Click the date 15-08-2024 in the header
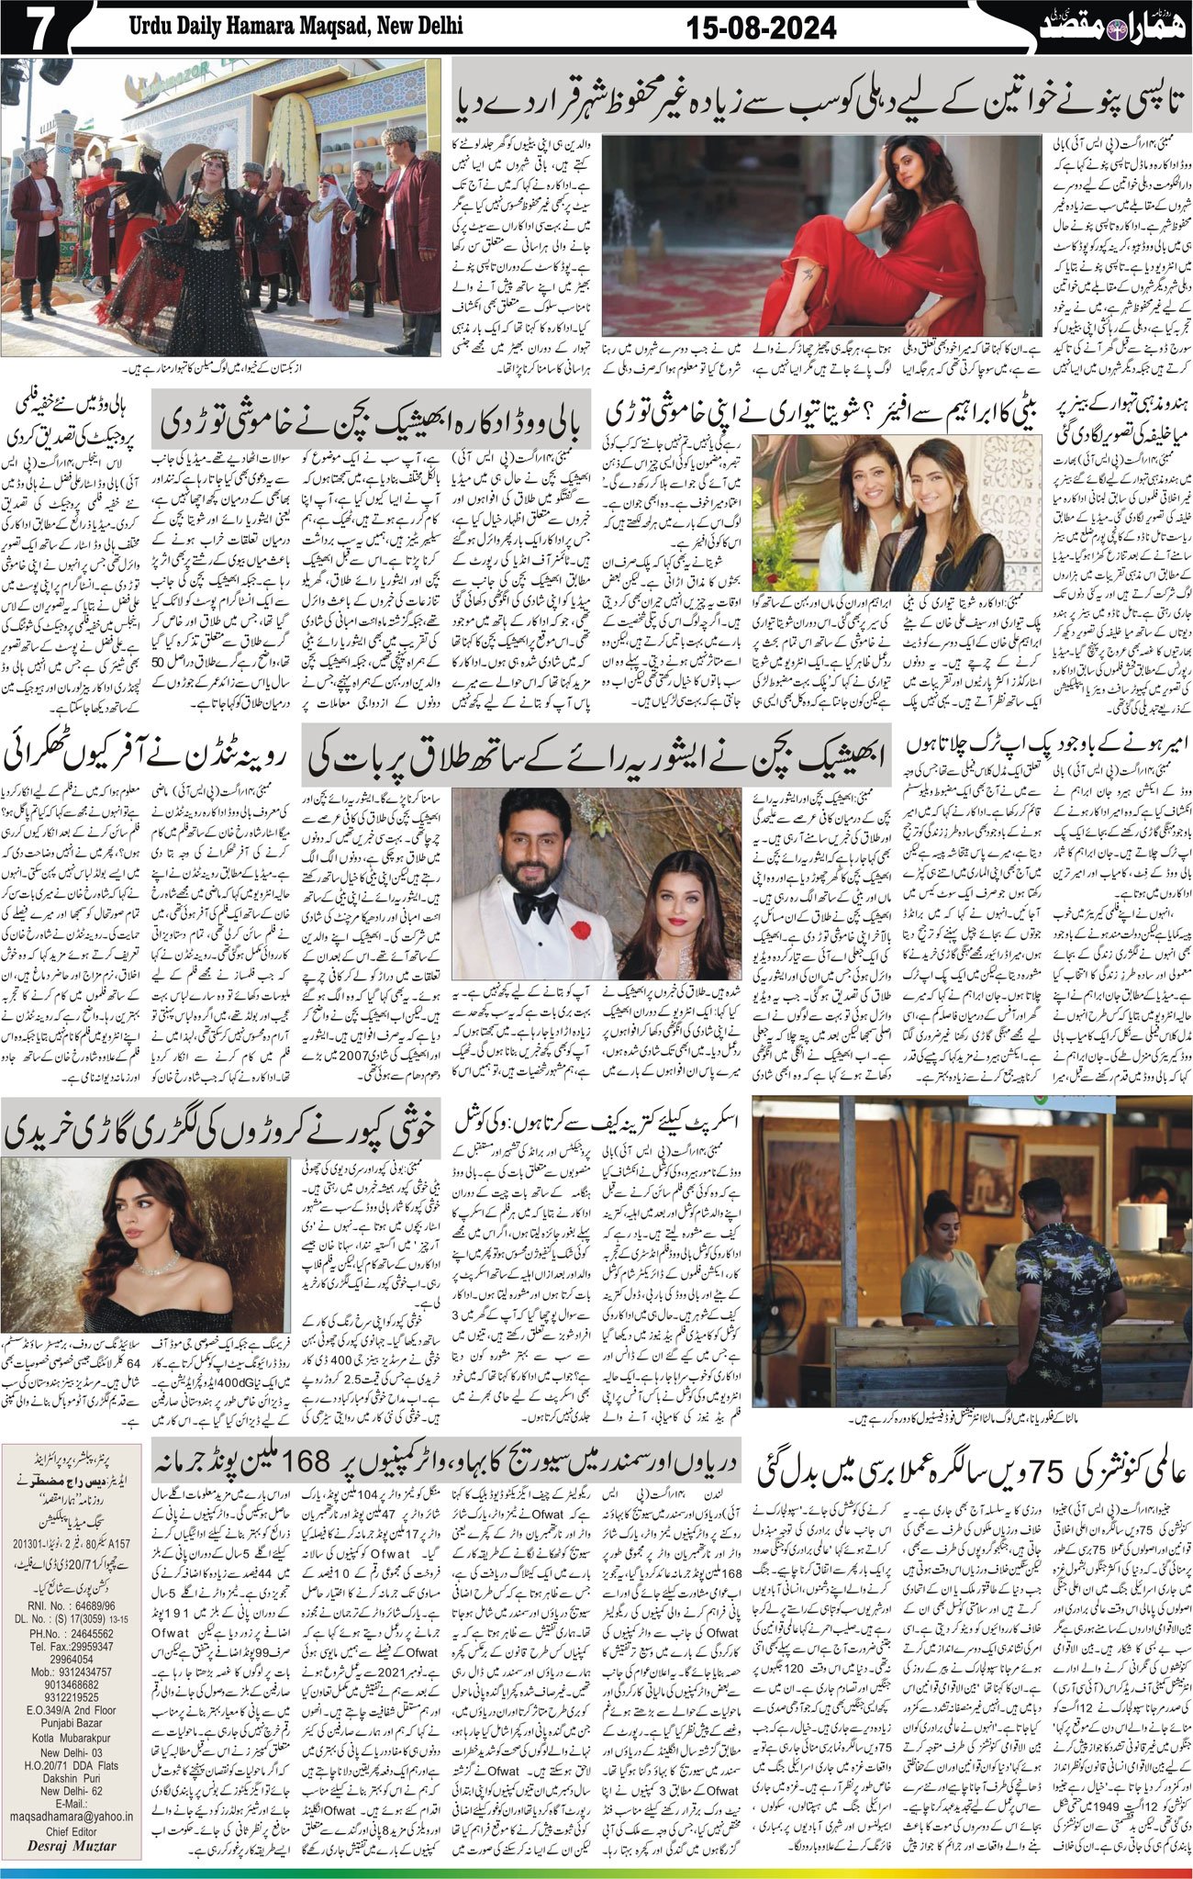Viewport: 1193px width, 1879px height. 762,29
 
